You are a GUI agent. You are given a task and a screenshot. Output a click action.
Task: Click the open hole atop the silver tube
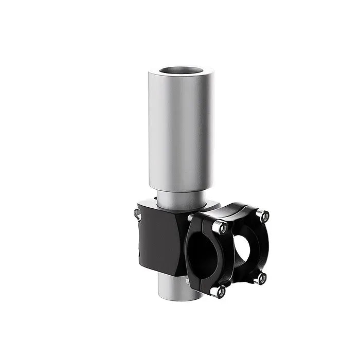tap(181, 71)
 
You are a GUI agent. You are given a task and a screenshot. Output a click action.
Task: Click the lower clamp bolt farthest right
tap(262, 278)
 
